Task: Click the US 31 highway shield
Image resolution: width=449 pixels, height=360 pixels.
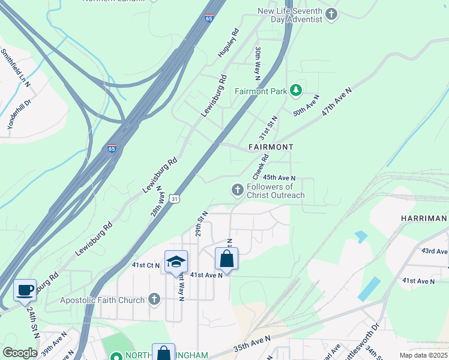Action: (x=173, y=198)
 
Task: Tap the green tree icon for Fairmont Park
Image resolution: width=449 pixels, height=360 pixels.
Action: (x=295, y=91)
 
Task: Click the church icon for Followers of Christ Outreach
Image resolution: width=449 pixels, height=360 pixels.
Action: (x=238, y=190)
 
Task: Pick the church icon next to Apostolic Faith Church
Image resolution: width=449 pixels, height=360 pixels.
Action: (x=154, y=299)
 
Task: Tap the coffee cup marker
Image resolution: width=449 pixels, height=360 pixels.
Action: (x=25, y=290)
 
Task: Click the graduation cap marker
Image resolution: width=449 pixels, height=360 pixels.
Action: (x=176, y=262)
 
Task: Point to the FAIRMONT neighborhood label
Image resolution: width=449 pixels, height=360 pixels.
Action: (x=271, y=147)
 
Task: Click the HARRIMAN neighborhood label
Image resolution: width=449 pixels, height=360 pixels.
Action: (x=424, y=218)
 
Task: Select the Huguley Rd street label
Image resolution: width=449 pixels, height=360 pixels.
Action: (x=229, y=43)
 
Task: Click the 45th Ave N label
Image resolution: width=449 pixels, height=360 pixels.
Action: (x=280, y=178)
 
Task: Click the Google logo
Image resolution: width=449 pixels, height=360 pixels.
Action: (x=20, y=353)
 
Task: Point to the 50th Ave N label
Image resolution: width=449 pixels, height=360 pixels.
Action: (x=306, y=105)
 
